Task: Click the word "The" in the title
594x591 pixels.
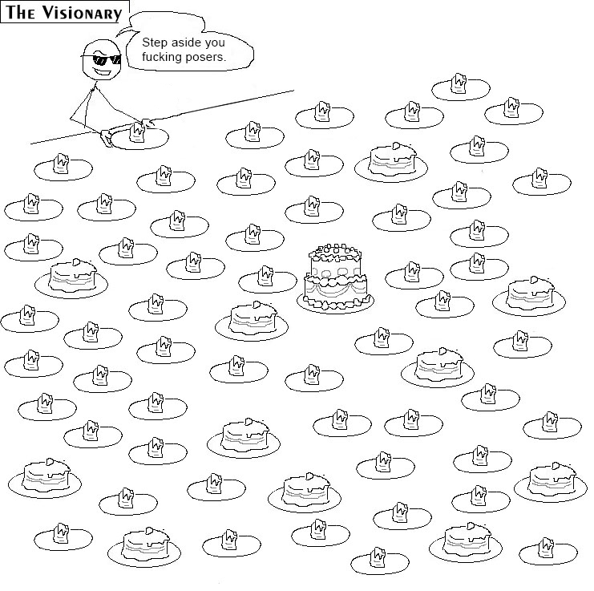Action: tap(24, 14)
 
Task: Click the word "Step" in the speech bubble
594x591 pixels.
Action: tap(153, 43)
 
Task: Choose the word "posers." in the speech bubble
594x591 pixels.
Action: tap(207, 58)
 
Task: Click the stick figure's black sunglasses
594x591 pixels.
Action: tap(105, 59)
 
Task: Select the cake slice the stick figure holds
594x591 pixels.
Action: tap(138, 129)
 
